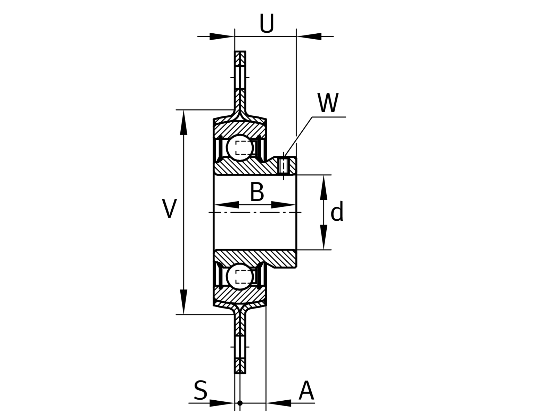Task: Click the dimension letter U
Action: tap(267, 23)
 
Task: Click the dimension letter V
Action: tap(169, 208)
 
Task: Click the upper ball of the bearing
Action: tap(240, 148)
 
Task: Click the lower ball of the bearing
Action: tap(240, 277)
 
